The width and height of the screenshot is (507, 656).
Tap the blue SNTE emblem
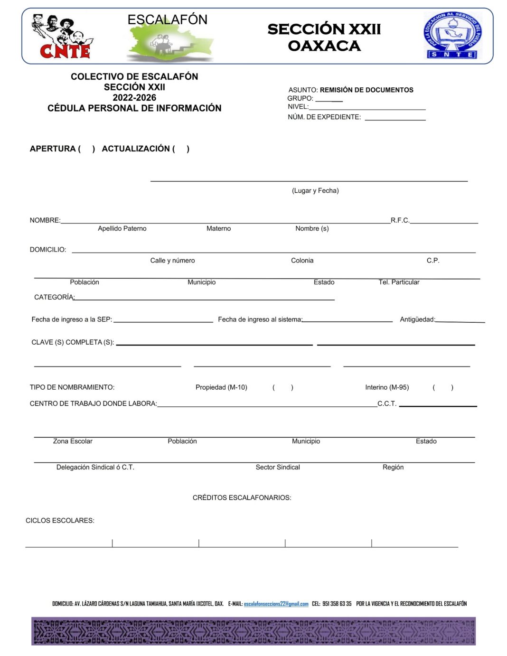(x=452, y=36)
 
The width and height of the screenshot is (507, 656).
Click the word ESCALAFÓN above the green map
(x=167, y=19)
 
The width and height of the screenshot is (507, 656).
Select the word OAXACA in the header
(x=324, y=46)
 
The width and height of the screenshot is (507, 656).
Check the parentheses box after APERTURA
(x=87, y=149)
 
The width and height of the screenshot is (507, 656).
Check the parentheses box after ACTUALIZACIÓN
(x=181, y=149)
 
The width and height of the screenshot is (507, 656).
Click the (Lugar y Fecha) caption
(x=315, y=190)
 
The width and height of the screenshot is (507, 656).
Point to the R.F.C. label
(x=400, y=220)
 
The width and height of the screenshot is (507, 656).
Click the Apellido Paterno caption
(x=122, y=228)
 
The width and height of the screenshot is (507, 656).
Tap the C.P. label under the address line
(x=432, y=260)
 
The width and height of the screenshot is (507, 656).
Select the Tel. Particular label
(x=399, y=282)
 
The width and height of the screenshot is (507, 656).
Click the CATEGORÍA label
(x=54, y=297)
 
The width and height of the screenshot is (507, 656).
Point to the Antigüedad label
(x=417, y=319)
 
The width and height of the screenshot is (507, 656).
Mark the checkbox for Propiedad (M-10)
(x=282, y=387)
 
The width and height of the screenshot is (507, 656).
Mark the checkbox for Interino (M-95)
(x=442, y=387)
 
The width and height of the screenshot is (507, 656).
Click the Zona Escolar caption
(x=73, y=441)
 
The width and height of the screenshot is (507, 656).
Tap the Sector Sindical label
(x=278, y=467)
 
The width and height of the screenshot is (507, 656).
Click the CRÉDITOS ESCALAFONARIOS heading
(x=242, y=497)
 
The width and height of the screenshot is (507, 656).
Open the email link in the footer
(x=276, y=604)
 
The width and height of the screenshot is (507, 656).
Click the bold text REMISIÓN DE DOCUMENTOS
(x=366, y=90)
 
